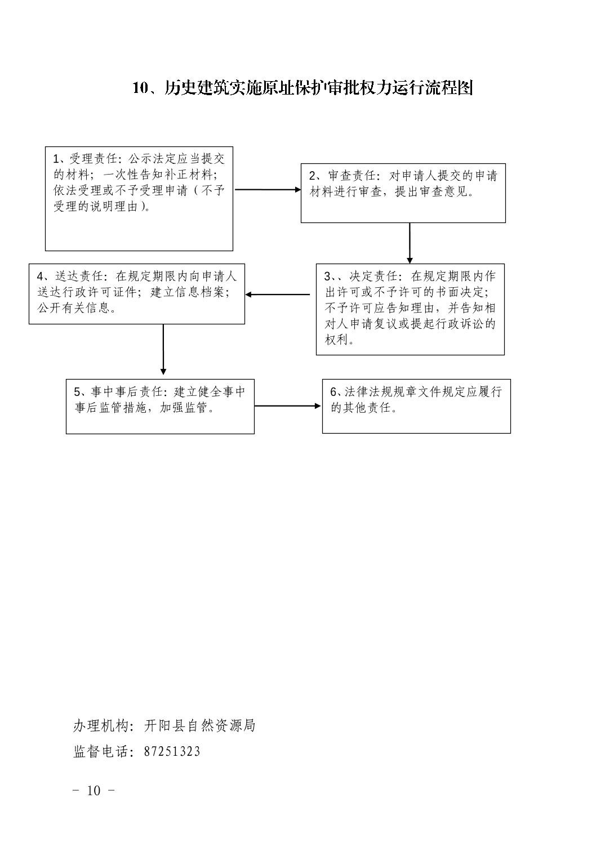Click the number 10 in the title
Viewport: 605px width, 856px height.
pos(140,88)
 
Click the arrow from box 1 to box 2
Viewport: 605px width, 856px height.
pos(268,190)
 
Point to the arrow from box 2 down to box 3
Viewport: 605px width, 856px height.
pos(410,243)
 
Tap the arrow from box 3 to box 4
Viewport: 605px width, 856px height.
pos(278,295)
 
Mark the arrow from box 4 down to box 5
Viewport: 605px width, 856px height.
pos(163,349)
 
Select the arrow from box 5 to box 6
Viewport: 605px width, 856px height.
pos(287,406)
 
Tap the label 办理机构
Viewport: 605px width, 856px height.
pos(100,725)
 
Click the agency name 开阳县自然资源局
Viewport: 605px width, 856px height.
pos(199,725)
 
